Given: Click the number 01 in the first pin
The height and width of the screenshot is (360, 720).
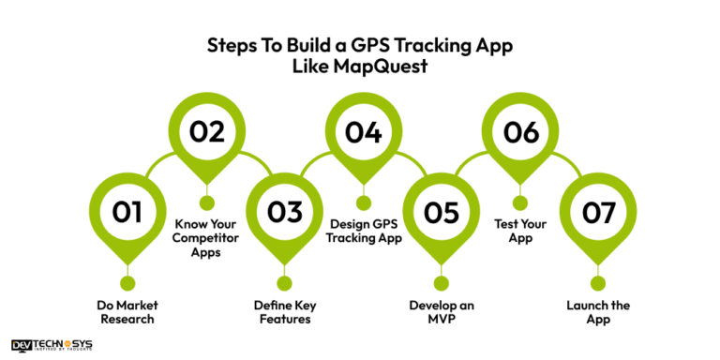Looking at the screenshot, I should click(127, 212).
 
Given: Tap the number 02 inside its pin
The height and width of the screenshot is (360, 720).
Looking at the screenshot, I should click(207, 132).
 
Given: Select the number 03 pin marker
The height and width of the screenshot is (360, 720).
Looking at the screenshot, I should click(284, 212).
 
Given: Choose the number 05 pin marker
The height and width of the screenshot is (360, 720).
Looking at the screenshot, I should click(440, 212).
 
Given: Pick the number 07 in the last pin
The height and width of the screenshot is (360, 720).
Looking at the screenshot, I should click(596, 212).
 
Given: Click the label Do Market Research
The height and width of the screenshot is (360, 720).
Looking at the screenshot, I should click(127, 311).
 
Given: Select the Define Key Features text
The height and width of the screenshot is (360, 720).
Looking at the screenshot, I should click(284, 311).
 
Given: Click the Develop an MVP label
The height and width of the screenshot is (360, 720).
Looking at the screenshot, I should click(440, 311).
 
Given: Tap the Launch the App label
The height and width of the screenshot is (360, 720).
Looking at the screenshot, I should click(597, 311).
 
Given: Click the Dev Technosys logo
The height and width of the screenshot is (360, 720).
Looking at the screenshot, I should click(52, 346).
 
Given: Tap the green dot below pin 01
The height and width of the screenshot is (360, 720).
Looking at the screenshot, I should click(127, 283).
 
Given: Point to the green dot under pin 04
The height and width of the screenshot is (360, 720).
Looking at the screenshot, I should click(363, 202).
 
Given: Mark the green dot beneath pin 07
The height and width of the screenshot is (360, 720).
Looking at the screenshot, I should click(596, 283).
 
